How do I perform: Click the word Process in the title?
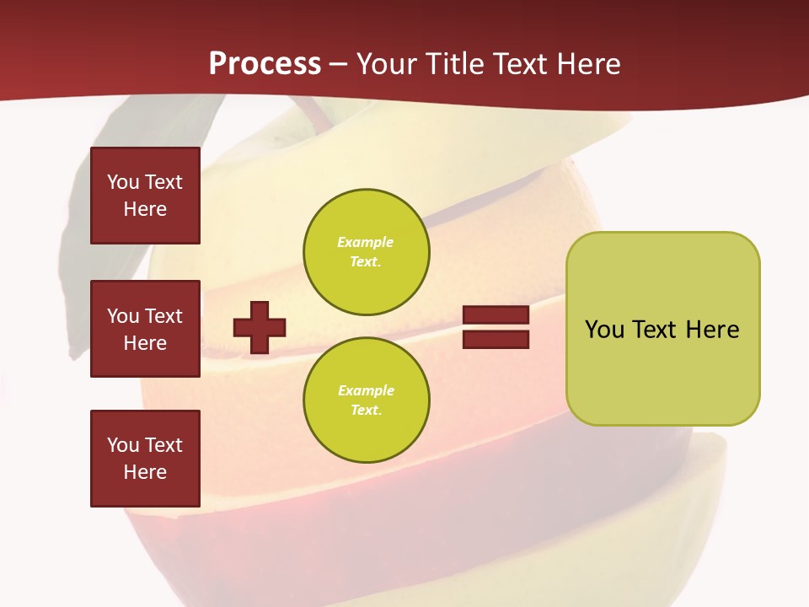265,64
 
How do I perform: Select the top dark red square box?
145,196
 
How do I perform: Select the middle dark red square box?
145,329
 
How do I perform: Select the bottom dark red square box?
145,459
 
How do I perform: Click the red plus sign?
260,327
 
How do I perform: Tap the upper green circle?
366,252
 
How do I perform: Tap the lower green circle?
366,400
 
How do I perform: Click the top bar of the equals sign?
496,315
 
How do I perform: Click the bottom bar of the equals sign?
496,339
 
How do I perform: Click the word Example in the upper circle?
365,242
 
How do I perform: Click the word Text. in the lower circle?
366,410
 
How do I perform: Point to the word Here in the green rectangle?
712,330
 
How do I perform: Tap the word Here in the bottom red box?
145,472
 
